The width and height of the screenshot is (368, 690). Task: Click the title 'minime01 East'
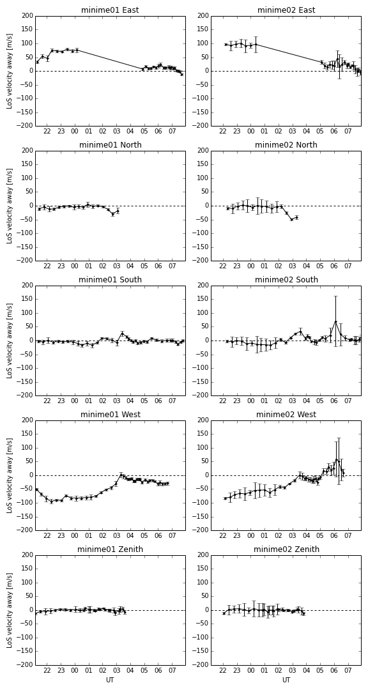(x=110, y=10)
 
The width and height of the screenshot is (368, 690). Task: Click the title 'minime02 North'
(x=286, y=145)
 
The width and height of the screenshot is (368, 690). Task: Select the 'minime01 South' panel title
(x=110, y=279)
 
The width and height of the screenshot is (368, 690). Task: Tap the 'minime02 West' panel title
(x=286, y=415)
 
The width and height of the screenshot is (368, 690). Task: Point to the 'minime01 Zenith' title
(x=110, y=549)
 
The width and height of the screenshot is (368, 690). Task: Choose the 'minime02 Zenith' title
(x=286, y=549)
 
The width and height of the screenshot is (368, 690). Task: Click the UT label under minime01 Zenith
(x=110, y=680)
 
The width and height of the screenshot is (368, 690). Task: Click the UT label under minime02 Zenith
(x=286, y=680)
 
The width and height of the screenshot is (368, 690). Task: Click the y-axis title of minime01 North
(x=9, y=206)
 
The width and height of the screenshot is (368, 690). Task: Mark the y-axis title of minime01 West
(x=9, y=475)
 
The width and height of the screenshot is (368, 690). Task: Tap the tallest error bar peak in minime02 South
(x=335, y=296)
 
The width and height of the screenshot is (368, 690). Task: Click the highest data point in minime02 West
(x=336, y=459)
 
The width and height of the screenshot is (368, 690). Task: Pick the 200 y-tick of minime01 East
(x=27, y=16)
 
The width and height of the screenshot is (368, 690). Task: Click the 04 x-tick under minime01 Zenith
(x=130, y=671)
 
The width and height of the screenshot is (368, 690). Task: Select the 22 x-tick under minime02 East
(x=223, y=132)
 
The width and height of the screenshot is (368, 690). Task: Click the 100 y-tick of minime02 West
(x=203, y=448)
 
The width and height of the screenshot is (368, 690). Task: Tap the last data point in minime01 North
(x=118, y=211)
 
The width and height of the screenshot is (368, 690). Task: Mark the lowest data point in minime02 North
(x=291, y=219)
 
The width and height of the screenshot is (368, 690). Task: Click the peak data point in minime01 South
(x=123, y=333)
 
